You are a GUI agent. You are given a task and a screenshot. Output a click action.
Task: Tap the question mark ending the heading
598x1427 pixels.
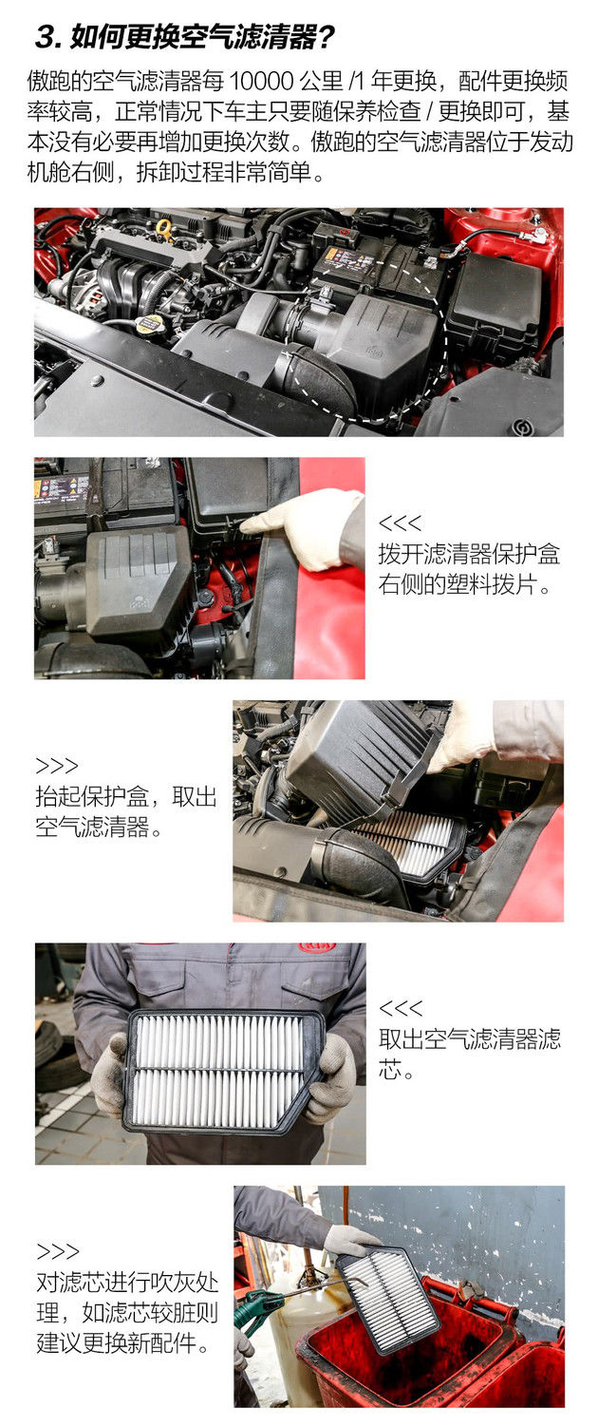pos(325,38)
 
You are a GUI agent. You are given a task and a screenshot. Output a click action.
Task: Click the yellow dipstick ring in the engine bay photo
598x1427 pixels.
pos(163,227)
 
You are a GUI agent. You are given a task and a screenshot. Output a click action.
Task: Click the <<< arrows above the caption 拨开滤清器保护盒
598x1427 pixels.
pos(401,523)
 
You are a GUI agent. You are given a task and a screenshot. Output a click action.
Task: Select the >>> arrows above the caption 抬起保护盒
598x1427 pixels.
pos(57,766)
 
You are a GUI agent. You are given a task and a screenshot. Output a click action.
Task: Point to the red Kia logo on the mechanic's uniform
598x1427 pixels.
pos(317,948)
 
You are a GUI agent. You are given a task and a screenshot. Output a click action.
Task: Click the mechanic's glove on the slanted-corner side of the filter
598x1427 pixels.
pos(331,1076)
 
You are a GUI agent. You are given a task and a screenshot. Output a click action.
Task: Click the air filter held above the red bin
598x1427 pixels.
pos(388,1300)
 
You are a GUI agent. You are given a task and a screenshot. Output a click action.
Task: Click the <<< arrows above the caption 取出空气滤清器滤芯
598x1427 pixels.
pos(401,1008)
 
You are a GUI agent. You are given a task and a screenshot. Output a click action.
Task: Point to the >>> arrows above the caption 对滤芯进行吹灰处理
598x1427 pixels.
pos(57,1252)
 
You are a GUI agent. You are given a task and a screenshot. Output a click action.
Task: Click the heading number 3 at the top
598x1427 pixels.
pos(48,38)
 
